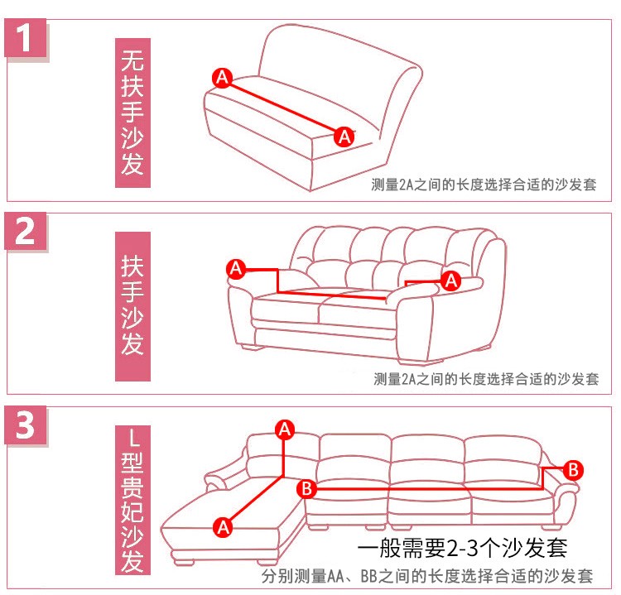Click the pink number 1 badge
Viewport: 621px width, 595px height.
click(26, 38)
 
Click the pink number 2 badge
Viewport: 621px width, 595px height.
click(26, 231)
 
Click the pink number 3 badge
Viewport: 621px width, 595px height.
click(26, 425)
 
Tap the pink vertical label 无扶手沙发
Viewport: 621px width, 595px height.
click(132, 113)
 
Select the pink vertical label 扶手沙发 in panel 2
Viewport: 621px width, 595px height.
click(132, 306)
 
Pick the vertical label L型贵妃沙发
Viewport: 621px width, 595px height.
click(132, 500)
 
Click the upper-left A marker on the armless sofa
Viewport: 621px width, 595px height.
click(222, 78)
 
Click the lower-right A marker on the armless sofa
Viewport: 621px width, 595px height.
click(344, 137)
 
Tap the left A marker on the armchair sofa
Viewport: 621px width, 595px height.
click(236, 269)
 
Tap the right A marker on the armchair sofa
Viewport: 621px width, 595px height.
click(451, 281)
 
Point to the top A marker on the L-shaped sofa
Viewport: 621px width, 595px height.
click(285, 429)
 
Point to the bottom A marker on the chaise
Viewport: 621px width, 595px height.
click(223, 527)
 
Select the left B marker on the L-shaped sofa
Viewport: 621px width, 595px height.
click(306, 488)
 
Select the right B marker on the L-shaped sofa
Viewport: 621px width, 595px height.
click(573, 470)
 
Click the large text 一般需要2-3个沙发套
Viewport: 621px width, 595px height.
click(462, 549)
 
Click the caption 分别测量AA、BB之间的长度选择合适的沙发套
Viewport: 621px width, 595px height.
click(427, 576)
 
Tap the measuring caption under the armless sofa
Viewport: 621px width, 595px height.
click(484, 185)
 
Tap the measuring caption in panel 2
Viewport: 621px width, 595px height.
click(486, 379)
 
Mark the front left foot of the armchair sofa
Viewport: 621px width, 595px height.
click(253, 348)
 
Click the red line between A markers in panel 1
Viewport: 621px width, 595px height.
click(283, 108)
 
